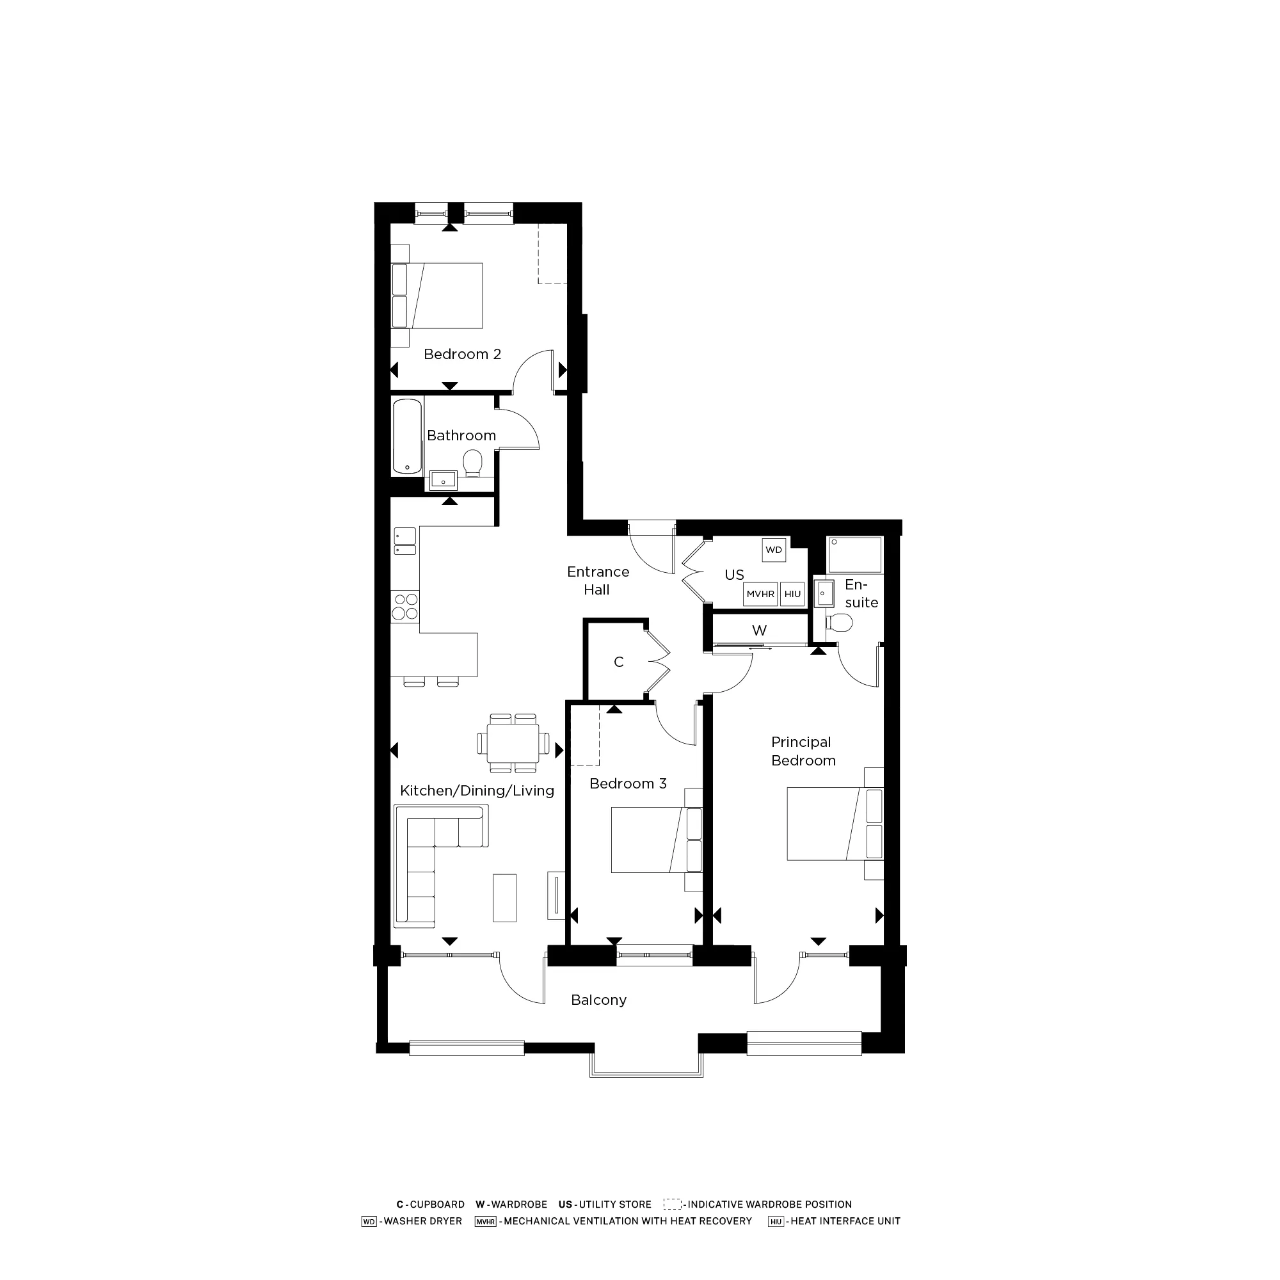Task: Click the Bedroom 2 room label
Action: [462, 355]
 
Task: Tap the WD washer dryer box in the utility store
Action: [773, 550]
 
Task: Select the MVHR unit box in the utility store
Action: [760, 595]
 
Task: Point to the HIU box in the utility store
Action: [792, 595]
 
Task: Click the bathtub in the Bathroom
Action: [408, 436]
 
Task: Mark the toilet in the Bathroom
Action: [472, 463]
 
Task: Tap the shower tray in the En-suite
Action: [854, 554]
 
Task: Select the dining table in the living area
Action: [513, 742]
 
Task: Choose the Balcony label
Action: [598, 1000]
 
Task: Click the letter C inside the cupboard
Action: [618, 662]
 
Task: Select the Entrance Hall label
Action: [598, 580]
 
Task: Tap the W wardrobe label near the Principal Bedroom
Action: [759, 631]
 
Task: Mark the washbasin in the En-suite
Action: [823, 594]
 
